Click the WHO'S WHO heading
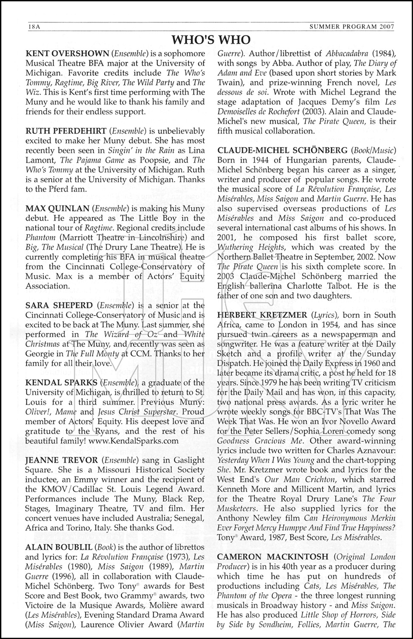(x=211, y=40)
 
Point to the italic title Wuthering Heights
(x=251, y=247)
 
